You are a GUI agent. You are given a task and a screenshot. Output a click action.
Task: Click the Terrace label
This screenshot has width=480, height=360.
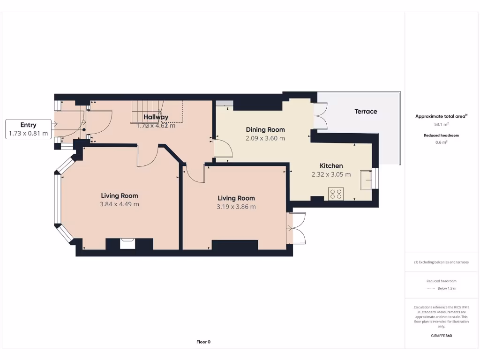click(x=366, y=112)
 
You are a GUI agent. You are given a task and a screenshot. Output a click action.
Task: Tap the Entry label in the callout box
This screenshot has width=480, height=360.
click(x=28, y=125)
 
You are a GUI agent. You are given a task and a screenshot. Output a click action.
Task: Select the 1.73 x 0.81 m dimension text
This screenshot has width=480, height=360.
click(x=28, y=134)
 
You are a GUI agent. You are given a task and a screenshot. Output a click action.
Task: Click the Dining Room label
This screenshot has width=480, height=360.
click(x=265, y=129)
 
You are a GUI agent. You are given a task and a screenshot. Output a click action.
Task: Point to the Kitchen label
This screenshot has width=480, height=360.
click(x=331, y=165)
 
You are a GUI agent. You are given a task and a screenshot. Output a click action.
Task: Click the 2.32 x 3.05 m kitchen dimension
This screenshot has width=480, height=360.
click(x=331, y=174)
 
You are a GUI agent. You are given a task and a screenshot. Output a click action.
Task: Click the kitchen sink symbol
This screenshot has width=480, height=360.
click(x=365, y=180)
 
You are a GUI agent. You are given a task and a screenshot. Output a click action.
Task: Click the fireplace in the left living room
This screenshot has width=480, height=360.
click(x=127, y=243)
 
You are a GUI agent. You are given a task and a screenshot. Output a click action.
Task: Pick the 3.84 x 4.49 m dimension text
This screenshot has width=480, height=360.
click(x=120, y=204)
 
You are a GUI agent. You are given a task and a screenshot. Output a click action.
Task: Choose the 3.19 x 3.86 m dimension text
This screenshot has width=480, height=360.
click(x=236, y=207)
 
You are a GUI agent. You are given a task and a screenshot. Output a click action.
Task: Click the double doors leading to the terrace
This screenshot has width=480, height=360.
click(x=320, y=115)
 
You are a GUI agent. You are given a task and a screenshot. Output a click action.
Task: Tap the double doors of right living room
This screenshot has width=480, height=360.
click(x=296, y=228)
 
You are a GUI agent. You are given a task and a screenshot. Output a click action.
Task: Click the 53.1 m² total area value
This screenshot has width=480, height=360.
click(x=442, y=125)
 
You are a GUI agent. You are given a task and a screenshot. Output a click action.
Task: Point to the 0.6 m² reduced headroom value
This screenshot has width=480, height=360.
click(x=442, y=142)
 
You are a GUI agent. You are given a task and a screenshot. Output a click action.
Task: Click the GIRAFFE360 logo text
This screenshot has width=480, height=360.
click(x=442, y=336)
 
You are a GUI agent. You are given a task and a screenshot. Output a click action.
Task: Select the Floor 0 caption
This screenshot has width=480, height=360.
click(x=203, y=342)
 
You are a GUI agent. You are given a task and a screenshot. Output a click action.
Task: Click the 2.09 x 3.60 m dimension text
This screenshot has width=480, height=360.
click(x=265, y=138)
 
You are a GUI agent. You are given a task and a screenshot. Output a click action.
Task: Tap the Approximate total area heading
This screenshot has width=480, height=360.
click(x=441, y=116)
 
